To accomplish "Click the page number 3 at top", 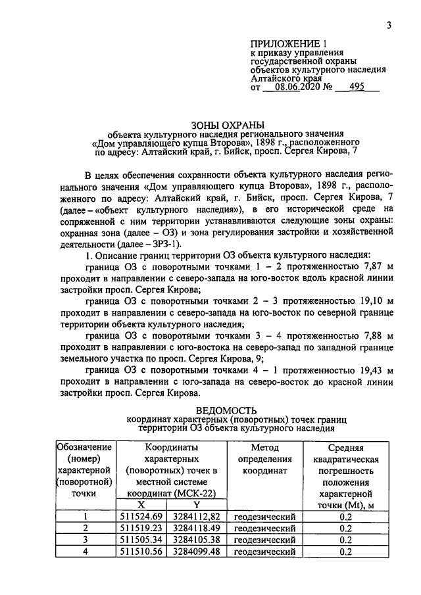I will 389,26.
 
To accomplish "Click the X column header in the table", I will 141,504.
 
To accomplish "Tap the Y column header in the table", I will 196,504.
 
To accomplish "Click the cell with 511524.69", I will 141,516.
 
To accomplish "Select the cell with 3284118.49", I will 196,528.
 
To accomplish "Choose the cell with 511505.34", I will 141,540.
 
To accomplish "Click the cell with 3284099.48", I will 196,552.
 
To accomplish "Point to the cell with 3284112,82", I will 196,516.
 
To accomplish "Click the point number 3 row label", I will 84,540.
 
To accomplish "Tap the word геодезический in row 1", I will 264,516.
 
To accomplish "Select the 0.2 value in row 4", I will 346,552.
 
